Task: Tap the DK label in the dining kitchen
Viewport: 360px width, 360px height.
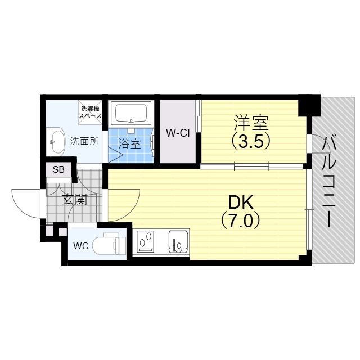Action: pos(241,202)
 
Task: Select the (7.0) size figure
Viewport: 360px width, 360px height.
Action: pos(240,220)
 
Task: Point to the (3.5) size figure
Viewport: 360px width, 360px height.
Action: pos(250,141)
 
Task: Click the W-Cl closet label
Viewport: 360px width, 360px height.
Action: pos(178,133)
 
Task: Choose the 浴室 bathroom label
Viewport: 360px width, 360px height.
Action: pos(130,144)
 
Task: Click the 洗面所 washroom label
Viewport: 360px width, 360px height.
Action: pos(84,141)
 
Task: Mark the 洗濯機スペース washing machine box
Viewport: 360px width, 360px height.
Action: pos(90,112)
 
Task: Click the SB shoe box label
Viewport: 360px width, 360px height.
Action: pos(58,170)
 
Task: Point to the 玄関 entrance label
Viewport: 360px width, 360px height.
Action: pos(75,199)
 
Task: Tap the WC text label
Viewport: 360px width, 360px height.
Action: pos(81,246)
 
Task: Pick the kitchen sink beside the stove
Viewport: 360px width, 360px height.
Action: pos(178,242)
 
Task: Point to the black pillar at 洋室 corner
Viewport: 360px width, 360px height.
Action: pos(309,105)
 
